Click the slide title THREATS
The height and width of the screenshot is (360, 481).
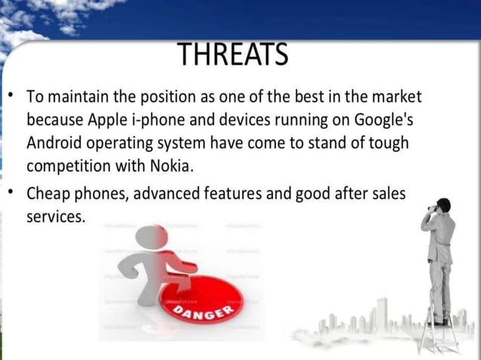[233, 54]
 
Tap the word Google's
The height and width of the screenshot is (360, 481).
[377, 121]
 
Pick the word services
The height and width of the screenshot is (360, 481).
[55, 216]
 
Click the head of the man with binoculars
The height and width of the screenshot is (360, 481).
[444, 206]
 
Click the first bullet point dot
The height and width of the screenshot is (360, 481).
[11, 96]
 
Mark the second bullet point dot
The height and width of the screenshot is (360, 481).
[11, 193]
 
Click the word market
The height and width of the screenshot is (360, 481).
[396, 97]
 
